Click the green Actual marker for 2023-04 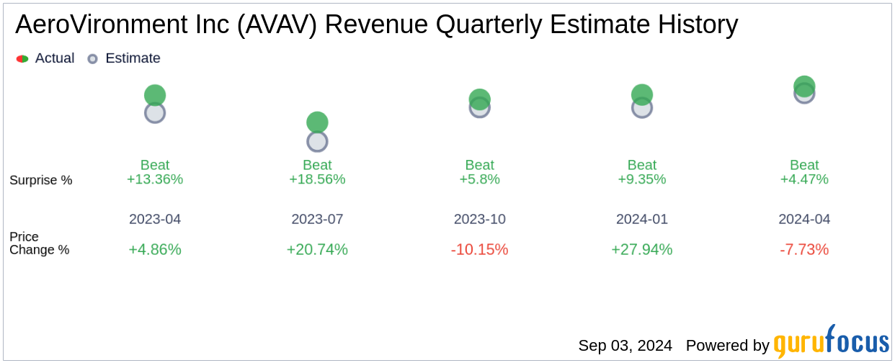[155, 95]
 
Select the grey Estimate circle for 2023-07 [317, 141]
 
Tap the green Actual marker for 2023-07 [317, 122]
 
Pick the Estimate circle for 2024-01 [642, 108]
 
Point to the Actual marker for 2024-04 [804, 86]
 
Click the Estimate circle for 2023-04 [155, 113]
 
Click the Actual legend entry [45, 58]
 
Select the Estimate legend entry [123, 58]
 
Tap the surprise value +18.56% [317, 179]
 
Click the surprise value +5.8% [479, 179]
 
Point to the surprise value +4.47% [804, 179]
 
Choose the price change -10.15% [479, 250]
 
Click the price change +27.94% [642, 250]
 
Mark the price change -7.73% [804, 250]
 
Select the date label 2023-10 [479, 219]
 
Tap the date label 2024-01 [642, 219]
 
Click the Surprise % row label [41, 180]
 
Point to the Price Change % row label [40, 243]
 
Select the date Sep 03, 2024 [625, 346]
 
